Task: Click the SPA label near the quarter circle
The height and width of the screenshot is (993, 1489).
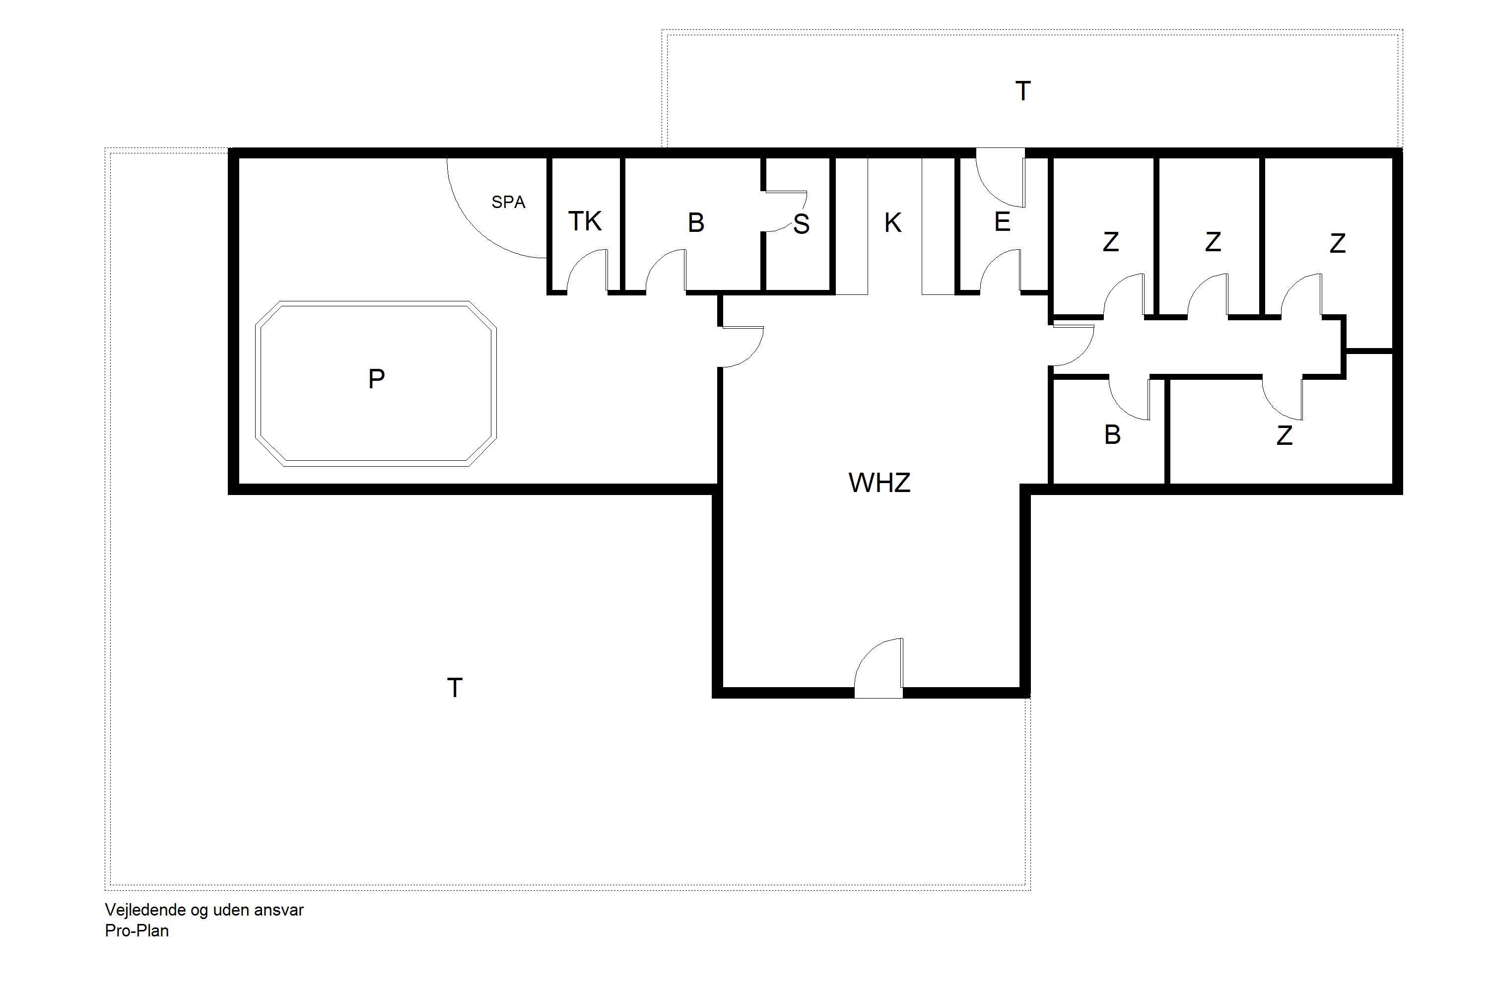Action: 508,202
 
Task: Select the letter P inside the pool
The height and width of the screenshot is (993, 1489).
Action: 376,379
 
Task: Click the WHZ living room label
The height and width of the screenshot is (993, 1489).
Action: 880,483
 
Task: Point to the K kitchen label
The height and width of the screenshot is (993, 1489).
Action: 892,222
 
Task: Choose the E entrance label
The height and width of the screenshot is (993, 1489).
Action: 1002,221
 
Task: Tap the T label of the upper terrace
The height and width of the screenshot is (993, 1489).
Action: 1022,91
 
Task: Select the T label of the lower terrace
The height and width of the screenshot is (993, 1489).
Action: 455,687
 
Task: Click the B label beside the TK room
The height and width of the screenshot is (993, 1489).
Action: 696,222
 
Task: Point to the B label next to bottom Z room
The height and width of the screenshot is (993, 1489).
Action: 1112,435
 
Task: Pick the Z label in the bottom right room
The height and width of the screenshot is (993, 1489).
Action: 1285,436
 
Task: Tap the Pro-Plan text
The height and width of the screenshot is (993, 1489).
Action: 137,931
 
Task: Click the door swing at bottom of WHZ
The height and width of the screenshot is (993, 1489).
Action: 879,668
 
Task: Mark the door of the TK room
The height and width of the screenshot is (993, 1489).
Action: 587,271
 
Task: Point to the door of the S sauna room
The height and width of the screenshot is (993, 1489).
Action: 786,212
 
